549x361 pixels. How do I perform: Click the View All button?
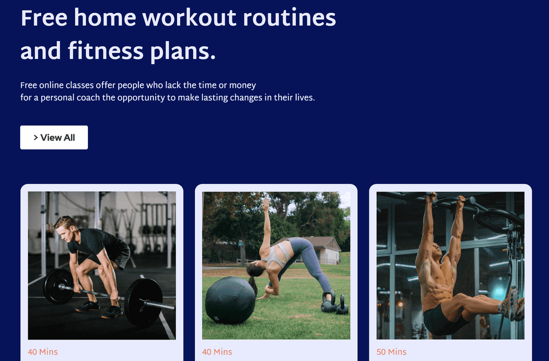(54, 138)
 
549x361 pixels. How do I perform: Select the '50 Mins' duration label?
(391, 352)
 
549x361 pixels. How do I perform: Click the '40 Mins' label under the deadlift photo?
(43, 352)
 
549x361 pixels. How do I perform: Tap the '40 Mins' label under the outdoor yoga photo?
(217, 352)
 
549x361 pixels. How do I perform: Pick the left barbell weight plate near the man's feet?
(58, 286)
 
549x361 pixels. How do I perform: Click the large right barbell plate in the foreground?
(143, 302)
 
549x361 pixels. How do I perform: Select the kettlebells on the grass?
(334, 303)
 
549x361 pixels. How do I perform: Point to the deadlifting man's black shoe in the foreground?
(112, 312)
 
